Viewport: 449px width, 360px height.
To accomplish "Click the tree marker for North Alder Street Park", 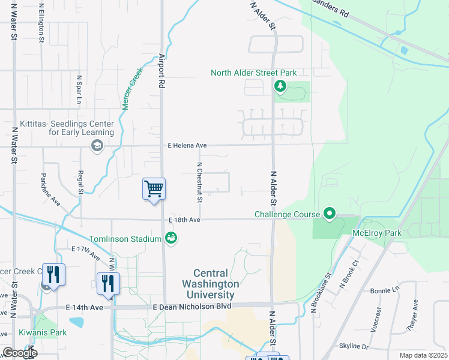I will [280, 87].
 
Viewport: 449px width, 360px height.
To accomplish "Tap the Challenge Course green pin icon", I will [329, 213].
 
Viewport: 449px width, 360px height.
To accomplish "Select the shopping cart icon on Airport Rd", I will [154, 189].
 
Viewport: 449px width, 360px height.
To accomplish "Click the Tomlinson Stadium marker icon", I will [171, 239].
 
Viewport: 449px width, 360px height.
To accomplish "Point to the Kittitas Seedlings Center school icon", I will [97, 145].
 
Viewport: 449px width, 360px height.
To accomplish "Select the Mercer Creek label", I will [131, 88].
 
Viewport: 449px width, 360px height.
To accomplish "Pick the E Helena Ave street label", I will [187, 145].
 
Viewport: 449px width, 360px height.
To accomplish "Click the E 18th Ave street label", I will [184, 220].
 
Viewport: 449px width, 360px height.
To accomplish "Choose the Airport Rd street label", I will [161, 71].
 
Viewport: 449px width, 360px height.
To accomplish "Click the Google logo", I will [19, 353].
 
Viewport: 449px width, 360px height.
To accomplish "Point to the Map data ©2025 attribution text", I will [423, 355].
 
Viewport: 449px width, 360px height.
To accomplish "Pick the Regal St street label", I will [80, 182].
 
